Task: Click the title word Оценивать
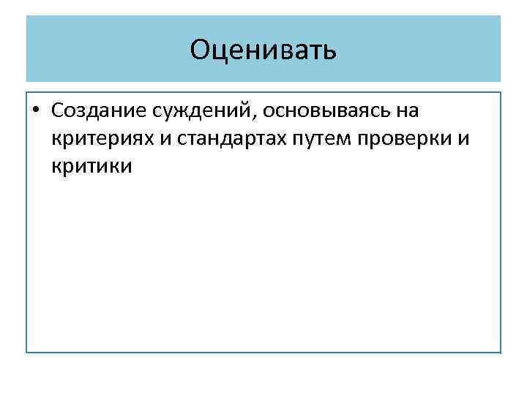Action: point(263,50)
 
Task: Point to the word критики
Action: point(92,167)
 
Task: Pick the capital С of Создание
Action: point(59,111)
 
